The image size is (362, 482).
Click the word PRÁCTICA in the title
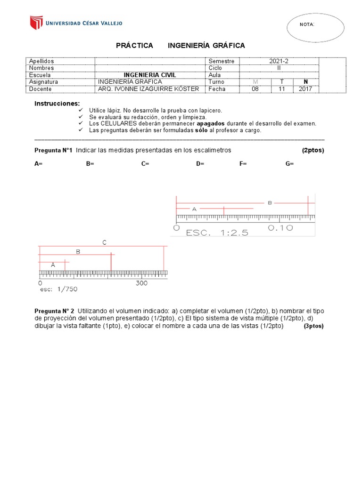pyautogui.click(x=134, y=45)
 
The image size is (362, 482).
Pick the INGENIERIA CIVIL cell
pyautogui.click(x=149, y=75)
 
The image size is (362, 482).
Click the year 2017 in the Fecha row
pyautogui.click(x=305, y=88)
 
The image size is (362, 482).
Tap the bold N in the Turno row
pyautogui.click(x=305, y=82)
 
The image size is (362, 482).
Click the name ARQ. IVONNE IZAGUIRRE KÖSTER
pyautogui.click(x=148, y=88)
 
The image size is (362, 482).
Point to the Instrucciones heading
pyautogui.click(x=57, y=103)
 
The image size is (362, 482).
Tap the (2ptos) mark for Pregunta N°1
pyautogui.click(x=313, y=150)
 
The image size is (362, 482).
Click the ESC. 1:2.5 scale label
pyautogui.click(x=217, y=232)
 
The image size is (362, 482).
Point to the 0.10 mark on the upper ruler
pyautogui.click(x=280, y=228)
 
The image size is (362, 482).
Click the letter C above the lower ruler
pyautogui.click(x=105, y=242)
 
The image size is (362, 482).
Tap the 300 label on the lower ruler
pyautogui.click(x=141, y=283)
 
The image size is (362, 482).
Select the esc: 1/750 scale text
pyautogui.click(x=58, y=289)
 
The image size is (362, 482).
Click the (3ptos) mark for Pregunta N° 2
pyautogui.click(x=313, y=326)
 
